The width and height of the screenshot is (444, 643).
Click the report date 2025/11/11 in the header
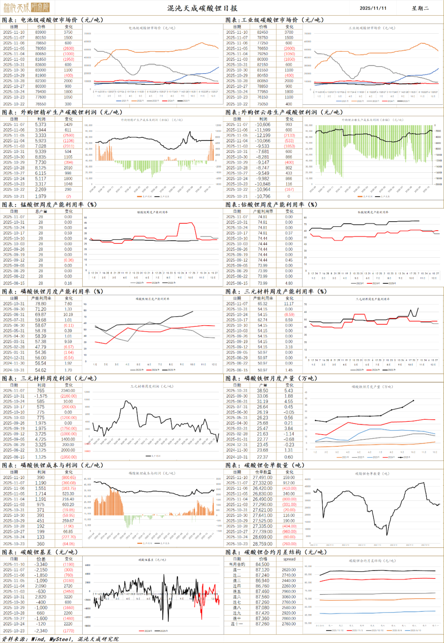point(373,8)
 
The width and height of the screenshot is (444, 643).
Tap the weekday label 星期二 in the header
point(420,8)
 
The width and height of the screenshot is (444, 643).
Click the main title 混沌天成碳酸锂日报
point(202,8)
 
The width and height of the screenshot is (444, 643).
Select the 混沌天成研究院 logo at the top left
point(26,7)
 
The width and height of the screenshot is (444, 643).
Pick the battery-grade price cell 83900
point(41,32)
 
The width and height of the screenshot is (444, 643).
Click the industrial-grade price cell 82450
point(263,32)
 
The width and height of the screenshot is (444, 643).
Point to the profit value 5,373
point(41,125)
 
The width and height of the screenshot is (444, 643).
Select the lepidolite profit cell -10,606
point(263,125)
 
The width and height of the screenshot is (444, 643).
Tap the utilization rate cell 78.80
point(41,304)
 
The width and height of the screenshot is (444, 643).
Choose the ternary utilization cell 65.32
point(263,304)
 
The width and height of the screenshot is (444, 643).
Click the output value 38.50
point(263,391)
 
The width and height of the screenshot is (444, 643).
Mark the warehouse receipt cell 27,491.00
point(263,478)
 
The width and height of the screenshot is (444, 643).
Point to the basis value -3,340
point(41,564)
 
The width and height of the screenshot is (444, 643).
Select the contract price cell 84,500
point(263,564)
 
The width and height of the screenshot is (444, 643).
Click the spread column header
point(289,559)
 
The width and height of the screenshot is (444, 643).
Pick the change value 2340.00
point(68,391)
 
